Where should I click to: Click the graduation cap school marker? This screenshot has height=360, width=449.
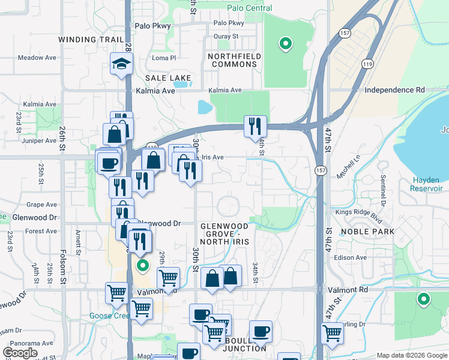coord(121,64)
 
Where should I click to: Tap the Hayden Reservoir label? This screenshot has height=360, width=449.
coord(427,184)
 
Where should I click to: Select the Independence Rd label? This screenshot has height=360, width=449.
coord(394,90)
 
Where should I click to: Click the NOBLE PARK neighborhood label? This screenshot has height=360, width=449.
coord(367,232)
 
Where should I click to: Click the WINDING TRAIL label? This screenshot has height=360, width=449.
coord(90,40)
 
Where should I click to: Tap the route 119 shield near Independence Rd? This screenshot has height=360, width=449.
coord(367,63)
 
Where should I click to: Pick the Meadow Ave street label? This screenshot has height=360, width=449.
coord(37,58)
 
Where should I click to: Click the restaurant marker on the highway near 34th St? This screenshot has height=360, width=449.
coord(255,126)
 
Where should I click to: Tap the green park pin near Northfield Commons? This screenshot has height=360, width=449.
coord(286,44)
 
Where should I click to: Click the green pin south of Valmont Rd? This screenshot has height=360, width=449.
coord(424,299)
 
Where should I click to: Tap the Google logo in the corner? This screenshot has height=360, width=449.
coord(20,353)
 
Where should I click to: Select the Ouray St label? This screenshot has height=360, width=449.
coord(226,36)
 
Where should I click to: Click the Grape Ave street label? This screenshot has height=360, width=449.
coord(41,205)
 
